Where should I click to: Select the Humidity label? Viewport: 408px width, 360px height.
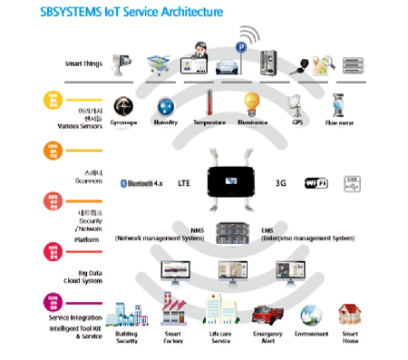[167, 121]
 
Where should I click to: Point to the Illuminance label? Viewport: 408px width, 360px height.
[250, 121]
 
